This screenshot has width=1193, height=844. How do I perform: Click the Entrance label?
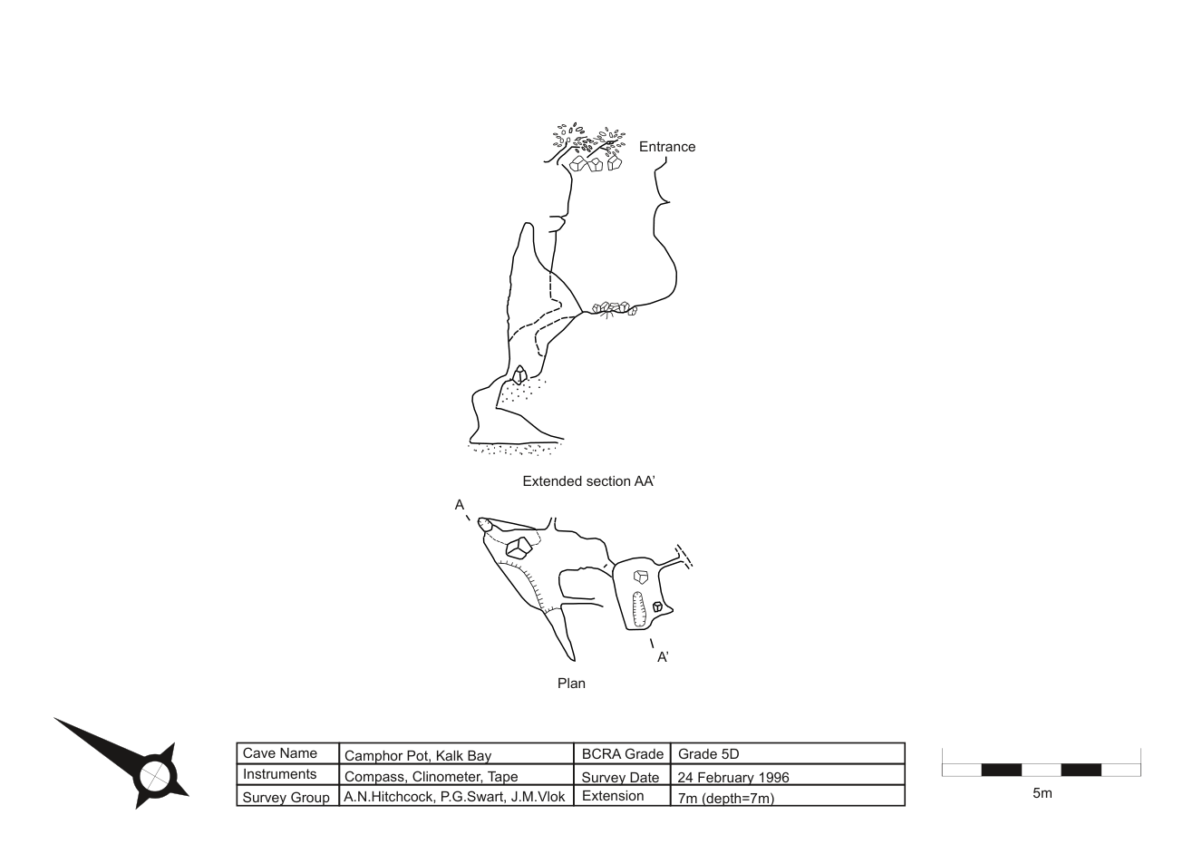tap(667, 147)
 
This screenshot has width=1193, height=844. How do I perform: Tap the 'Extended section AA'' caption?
tap(588, 481)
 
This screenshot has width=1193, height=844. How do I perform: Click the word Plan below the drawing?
tap(571, 684)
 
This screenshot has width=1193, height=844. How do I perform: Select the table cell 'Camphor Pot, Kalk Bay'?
tap(418, 755)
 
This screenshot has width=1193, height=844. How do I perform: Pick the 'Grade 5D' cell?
tap(708, 754)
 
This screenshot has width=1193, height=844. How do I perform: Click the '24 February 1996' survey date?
tap(732, 778)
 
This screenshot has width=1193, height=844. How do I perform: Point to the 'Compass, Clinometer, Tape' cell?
tap(431, 777)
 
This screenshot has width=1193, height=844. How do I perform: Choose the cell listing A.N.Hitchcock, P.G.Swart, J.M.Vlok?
tap(454, 797)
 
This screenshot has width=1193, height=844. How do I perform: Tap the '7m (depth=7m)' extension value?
tap(726, 798)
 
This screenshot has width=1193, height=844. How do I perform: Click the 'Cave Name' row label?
tap(279, 753)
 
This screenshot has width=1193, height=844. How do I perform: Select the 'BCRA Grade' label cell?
tap(622, 754)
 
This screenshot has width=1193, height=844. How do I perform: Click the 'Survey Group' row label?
tap(286, 798)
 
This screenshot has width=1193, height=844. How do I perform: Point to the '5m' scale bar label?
tap(1043, 793)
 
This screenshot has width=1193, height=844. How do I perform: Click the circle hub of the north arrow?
tap(156, 776)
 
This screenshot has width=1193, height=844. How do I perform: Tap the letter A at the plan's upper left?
tap(459, 505)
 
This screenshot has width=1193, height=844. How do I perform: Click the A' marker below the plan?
tap(663, 657)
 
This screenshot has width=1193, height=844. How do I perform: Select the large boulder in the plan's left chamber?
tap(519, 548)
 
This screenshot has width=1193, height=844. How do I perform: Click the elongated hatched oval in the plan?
tap(638, 610)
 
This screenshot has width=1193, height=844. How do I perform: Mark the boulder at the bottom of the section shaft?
tap(519, 375)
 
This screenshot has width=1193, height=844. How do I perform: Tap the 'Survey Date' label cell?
tap(620, 778)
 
